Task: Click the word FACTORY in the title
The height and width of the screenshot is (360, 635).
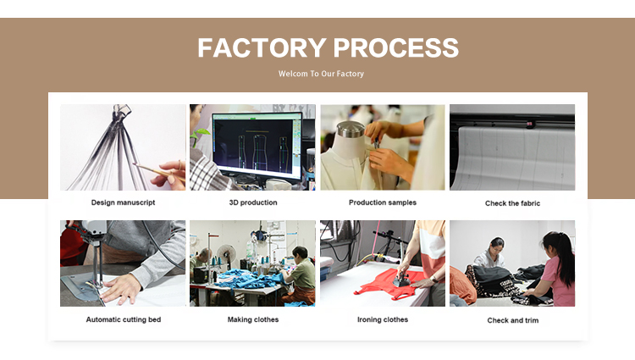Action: click(262, 47)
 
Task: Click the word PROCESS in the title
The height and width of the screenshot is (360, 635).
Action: click(396, 47)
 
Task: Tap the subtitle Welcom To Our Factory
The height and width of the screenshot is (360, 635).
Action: click(321, 74)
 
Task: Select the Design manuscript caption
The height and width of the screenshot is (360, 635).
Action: click(123, 202)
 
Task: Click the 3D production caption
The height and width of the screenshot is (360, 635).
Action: click(253, 202)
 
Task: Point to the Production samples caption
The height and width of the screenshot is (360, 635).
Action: click(383, 202)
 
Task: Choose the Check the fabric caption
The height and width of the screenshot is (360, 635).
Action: click(513, 203)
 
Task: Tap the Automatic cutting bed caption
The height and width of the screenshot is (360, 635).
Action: click(124, 319)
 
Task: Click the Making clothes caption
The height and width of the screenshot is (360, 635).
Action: click(253, 319)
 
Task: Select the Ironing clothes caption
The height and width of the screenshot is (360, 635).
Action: click(383, 319)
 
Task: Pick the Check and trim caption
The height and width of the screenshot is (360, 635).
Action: click(513, 320)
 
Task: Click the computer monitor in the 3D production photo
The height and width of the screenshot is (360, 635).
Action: click(257, 146)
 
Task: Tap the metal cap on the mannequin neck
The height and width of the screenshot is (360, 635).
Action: click(351, 130)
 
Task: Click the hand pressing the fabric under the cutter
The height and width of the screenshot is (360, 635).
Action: click(121, 288)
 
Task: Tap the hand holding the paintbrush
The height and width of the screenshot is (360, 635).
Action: click(172, 175)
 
